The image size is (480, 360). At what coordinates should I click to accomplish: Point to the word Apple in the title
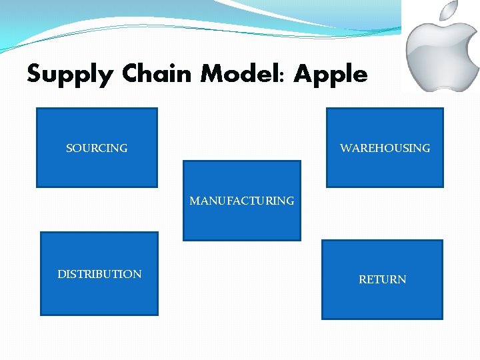tap(331, 74)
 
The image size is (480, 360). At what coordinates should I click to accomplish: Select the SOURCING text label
tap(97, 148)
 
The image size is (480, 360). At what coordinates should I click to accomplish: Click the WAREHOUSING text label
tap(385, 148)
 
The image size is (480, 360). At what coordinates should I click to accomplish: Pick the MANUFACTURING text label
tap(241, 201)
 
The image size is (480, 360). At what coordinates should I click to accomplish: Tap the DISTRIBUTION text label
tap(99, 274)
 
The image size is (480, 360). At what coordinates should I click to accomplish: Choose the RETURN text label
tap(382, 279)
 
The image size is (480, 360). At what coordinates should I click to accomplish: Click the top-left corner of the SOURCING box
tap(37, 109)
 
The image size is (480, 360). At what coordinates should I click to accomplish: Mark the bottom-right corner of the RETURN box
tap(442, 319)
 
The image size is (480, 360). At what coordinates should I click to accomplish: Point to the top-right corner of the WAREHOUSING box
tap(443, 109)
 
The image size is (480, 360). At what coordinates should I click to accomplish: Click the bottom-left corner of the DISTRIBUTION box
tap(41, 314)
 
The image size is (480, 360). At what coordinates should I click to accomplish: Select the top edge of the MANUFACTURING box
tap(241, 161)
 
